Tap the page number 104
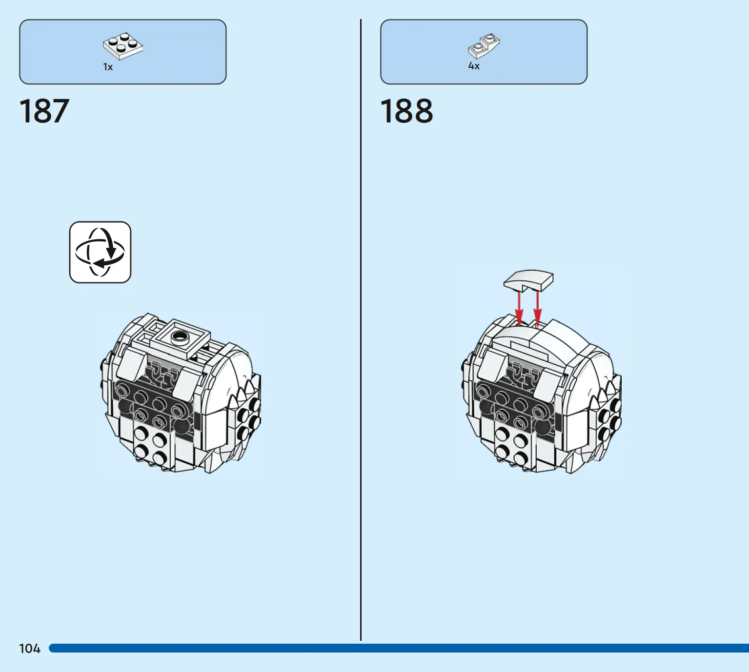click(x=30, y=649)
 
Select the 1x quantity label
click(x=108, y=67)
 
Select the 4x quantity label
click(x=474, y=66)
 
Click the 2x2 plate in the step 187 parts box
click(x=123, y=46)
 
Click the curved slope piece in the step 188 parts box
click(x=484, y=46)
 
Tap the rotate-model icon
click(x=100, y=252)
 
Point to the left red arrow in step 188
click(x=519, y=309)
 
